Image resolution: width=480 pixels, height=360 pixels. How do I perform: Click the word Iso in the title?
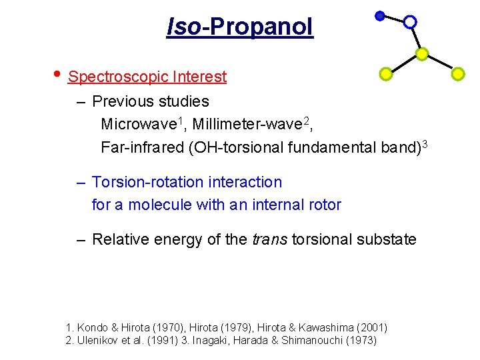click(183, 27)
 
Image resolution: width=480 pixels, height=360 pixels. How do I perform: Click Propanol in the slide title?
click(261, 27)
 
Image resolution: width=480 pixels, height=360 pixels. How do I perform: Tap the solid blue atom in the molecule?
click(379, 16)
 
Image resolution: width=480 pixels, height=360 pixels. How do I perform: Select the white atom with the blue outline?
click(411, 22)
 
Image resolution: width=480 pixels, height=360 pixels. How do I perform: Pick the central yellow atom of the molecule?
click(422, 53)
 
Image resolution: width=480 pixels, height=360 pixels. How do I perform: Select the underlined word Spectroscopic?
click(118, 77)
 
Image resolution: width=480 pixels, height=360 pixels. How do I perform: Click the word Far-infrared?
click(142, 147)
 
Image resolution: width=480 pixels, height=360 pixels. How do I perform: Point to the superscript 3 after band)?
click(424, 143)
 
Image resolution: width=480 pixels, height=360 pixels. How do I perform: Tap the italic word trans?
click(270, 239)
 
